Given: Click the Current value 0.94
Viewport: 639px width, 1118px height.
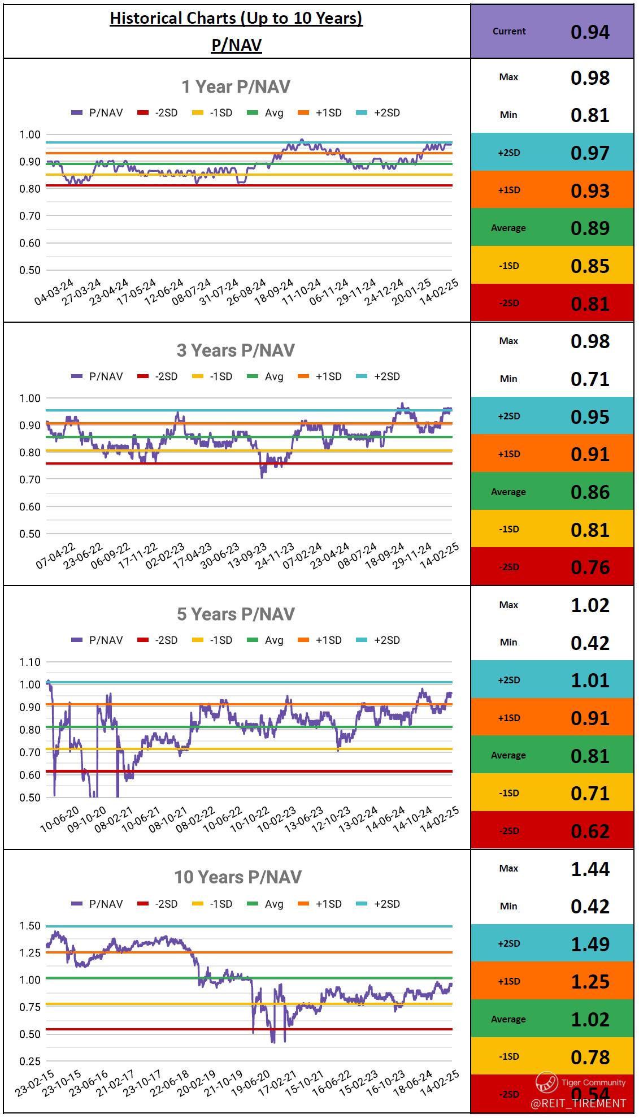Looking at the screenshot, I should coord(589,32).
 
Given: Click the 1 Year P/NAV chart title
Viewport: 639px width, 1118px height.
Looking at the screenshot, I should coord(236,86).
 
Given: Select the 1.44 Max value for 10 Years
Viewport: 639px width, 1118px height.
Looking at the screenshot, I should coord(589,869).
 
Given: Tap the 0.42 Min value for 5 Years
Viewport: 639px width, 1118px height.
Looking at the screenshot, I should coord(589,643).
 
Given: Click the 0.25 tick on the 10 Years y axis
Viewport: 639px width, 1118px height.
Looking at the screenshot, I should coord(29,1061).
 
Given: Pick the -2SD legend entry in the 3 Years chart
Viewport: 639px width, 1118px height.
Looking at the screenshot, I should coord(158,376).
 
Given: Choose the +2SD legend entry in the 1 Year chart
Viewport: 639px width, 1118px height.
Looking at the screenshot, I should coord(379,112).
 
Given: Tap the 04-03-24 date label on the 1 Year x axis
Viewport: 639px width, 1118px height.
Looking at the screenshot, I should coord(54,292).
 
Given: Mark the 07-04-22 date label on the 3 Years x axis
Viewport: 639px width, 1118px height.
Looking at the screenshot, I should coord(55,556).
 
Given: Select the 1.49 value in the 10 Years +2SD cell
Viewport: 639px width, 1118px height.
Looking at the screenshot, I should coord(589,944).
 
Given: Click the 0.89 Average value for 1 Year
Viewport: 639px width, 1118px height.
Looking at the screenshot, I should coord(589,228).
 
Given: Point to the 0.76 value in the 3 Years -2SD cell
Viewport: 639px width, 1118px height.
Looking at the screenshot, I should coord(589,567).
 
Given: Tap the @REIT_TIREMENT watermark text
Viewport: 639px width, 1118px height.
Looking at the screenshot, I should coord(578,1103).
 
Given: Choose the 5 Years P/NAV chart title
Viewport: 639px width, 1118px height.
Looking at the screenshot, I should coord(236,614).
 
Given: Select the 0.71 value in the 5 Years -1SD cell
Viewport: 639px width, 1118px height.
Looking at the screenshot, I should coord(589,793).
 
